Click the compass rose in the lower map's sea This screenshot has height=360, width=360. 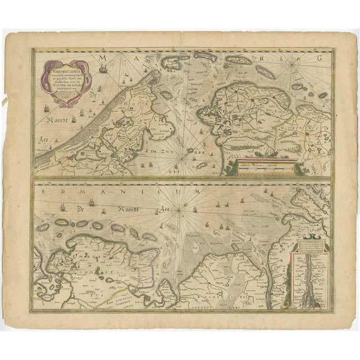(178, 211)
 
